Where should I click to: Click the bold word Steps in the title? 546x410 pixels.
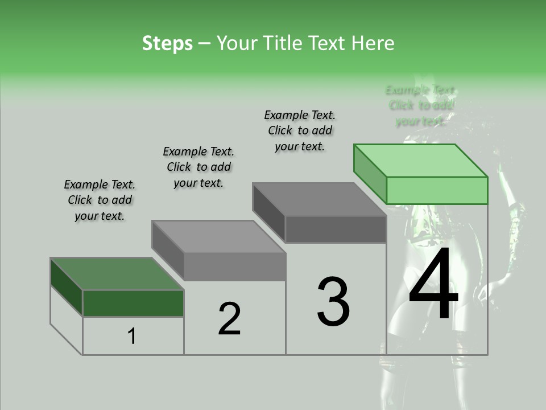(x=167, y=43)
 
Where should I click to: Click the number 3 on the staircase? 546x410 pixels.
(x=333, y=302)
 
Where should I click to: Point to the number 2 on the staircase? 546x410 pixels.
(x=230, y=319)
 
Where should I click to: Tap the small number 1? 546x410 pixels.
(x=132, y=337)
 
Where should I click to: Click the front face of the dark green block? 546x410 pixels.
(x=133, y=303)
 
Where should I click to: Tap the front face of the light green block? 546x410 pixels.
(x=437, y=190)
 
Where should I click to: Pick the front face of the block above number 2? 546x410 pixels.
(x=234, y=266)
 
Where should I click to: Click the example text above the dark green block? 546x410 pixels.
(x=100, y=200)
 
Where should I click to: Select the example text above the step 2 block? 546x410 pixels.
(x=198, y=167)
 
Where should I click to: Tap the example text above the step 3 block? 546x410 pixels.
(x=300, y=131)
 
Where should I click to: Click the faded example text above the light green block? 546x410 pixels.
(x=421, y=105)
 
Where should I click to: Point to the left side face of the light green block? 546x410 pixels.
(x=370, y=174)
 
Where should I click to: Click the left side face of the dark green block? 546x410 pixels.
(x=67, y=287)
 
